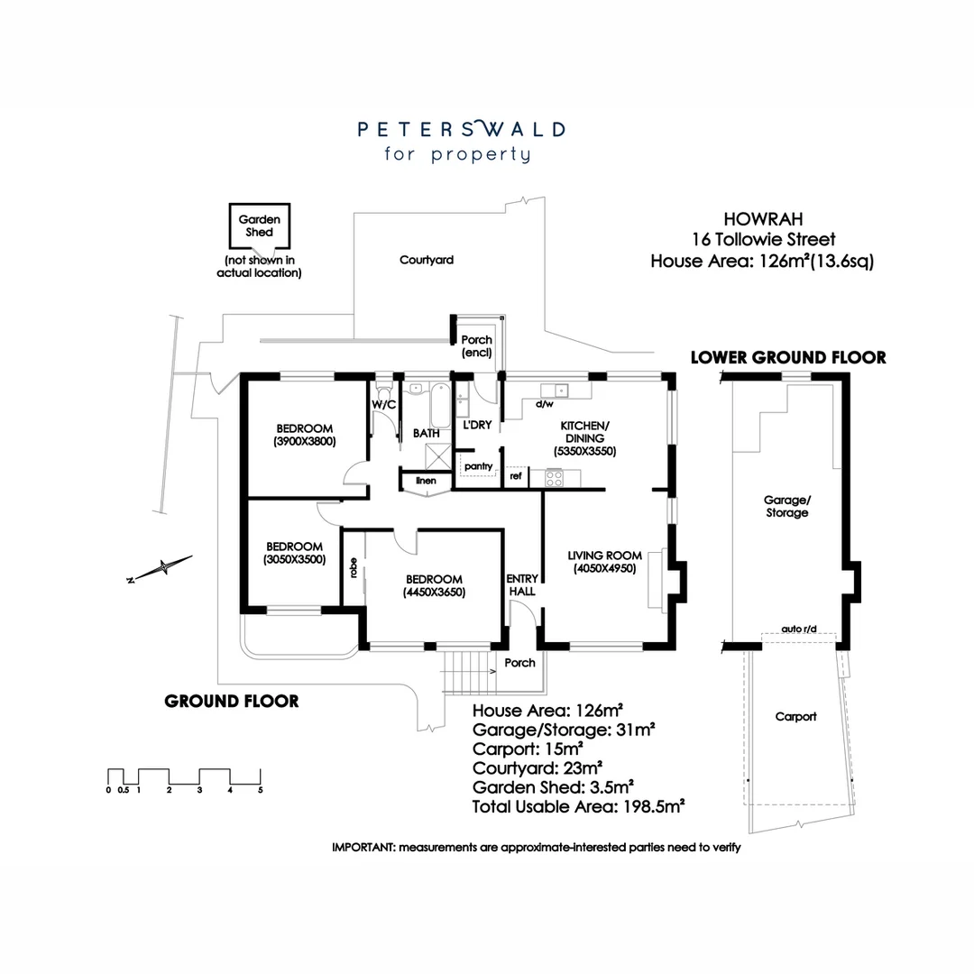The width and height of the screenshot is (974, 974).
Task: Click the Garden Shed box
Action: pyautogui.click(x=259, y=225)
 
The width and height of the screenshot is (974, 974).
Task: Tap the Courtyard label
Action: pyautogui.click(x=426, y=260)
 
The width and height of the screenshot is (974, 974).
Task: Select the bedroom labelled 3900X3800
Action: pyautogui.click(x=305, y=435)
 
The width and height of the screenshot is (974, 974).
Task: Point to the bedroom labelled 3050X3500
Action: pyautogui.click(x=294, y=553)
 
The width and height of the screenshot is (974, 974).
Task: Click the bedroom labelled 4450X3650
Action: pyautogui.click(x=434, y=585)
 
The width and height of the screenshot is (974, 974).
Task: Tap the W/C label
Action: pyautogui.click(x=384, y=405)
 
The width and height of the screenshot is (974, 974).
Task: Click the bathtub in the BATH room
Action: pyautogui.click(x=440, y=407)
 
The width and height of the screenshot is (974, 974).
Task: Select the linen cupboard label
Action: pyautogui.click(x=426, y=481)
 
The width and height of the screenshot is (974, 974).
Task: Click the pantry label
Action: pyautogui.click(x=478, y=465)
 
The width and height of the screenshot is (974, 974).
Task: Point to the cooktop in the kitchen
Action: pyautogui.click(x=553, y=477)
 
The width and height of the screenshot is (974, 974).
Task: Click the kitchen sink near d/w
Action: pyautogui.click(x=553, y=391)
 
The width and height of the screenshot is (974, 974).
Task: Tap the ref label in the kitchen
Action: pyautogui.click(x=516, y=475)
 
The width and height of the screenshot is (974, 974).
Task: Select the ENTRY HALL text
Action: pyautogui.click(x=522, y=584)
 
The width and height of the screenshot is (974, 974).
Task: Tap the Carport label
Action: pyautogui.click(x=795, y=717)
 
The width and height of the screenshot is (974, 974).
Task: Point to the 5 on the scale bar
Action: pyautogui.click(x=261, y=790)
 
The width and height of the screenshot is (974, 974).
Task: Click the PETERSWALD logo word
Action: pyautogui.click(x=461, y=129)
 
